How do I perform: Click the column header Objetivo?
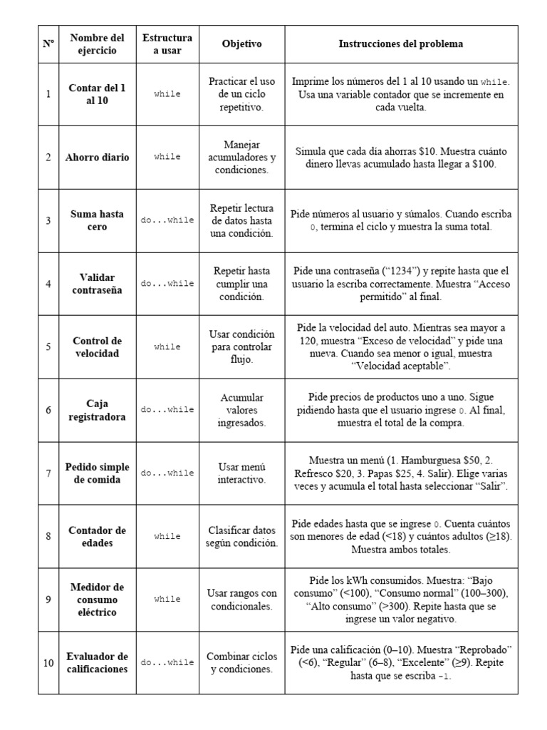(x=241, y=43)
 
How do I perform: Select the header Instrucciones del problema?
(x=400, y=43)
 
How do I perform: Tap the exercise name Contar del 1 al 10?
(x=97, y=94)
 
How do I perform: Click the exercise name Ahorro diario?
(x=97, y=157)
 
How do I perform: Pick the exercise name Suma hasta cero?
(x=97, y=220)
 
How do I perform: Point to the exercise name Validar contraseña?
(x=97, y=283)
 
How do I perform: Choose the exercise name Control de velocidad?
(x=97, y=346)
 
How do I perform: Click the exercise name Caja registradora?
(x=97, y=410)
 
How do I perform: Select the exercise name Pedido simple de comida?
(x=97, y=473)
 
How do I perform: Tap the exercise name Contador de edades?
(x=97, y=536)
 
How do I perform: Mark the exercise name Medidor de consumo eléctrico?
(x=97, y=600)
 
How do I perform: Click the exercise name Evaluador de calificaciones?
(x=97, y=662)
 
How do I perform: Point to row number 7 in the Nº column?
(x=48, y=473)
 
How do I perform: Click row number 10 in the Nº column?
(x=48, y=663)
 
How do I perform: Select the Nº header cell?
(x=48, y=43)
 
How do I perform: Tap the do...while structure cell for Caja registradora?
(x=167, y=410)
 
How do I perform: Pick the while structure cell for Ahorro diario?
(x=167, y=157)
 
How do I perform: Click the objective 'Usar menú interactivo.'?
(x=241, y=473)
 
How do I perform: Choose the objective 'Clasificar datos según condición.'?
(x=241, y=536)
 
